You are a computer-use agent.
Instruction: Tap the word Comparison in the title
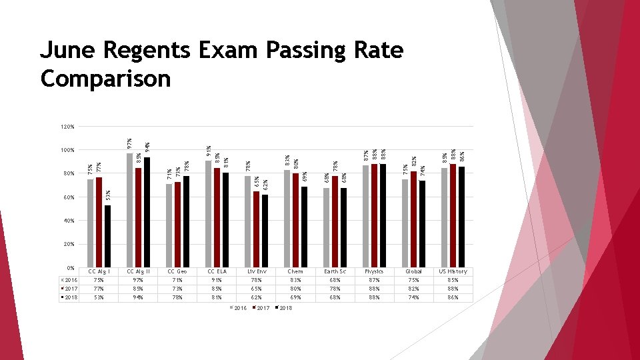(105, 79)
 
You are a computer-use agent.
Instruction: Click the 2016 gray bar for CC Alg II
(130, 210)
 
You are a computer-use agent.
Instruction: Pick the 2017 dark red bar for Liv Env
(256, 229)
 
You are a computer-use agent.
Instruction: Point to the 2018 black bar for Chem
(304, 227)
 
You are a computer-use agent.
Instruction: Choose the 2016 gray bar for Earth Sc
(326, 227)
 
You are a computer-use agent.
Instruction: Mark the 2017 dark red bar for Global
(413, 219)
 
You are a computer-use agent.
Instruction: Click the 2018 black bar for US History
(461, 217)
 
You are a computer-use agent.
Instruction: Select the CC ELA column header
(217, 271)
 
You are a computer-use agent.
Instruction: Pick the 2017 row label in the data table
(69, 289)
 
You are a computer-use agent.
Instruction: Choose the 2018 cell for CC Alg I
(99, 297)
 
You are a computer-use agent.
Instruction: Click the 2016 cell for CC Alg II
(139, 280)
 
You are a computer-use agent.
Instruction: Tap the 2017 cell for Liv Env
(257, 289)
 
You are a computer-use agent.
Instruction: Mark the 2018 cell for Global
(414, 297)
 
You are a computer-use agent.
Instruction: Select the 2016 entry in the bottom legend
(239, 308)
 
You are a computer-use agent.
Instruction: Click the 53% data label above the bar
(108, 195)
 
